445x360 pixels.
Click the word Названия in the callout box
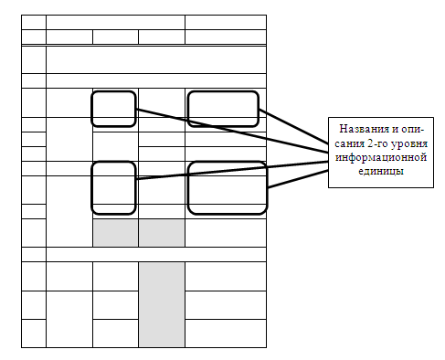(365, 129)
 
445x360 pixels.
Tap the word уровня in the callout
(409, 143)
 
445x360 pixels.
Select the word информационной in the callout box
(381, 157)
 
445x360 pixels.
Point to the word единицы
(381, 171)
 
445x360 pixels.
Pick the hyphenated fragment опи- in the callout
(412, 129)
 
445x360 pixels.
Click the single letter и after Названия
(395, 129)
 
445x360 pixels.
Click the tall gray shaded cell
(162, 304)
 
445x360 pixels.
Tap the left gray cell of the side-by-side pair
(115, 233)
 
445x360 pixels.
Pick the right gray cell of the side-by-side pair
(162, 233)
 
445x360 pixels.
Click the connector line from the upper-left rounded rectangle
(232, 131)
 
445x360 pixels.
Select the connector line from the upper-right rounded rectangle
(293, 126)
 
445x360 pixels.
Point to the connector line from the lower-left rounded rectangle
(232, 170)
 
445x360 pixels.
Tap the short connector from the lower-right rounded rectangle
(298, 179)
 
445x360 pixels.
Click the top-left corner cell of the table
(34, 22)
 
